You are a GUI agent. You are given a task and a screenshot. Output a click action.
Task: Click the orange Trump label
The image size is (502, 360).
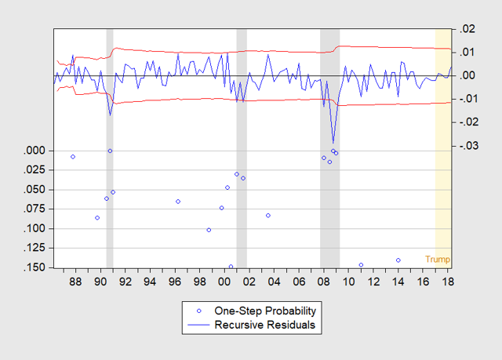pyautogui.click(x=438, y=259)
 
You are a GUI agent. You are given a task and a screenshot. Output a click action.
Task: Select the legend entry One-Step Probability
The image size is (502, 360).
pyautogui.click(x=265, y=311)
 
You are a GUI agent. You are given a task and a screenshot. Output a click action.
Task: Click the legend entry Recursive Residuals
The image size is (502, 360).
pyautogui.click(x=265, y=325)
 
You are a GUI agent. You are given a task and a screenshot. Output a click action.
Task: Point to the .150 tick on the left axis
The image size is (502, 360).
pyautogui.click(x=35, y=267)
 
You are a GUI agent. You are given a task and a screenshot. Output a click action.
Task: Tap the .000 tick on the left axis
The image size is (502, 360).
pyautogui.click(x=35, y=151)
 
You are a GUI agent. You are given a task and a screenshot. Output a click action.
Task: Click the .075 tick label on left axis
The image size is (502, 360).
pyautogui.click(x=35, y=209)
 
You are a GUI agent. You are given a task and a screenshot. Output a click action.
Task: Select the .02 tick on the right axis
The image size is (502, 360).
pyautogui.click(x=467, y=29)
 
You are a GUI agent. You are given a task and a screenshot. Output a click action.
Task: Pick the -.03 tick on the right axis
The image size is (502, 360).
pyautogui.click(x=469, y=146)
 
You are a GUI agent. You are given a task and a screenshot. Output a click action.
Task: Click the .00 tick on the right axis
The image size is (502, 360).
pyautogui.click(x=467, y=75)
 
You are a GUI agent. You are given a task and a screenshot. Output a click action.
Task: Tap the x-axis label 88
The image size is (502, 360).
pyautogui.click(x=75, y=282)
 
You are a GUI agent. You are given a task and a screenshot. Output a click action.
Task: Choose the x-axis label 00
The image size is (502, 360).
pyautogui.click(x=224, y=282)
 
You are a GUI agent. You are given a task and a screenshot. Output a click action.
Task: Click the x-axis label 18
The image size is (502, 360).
pyautogui.click(x=448, y=282)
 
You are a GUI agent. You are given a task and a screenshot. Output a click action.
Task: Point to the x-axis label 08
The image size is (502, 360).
pyautogui.click(x=324, y=282)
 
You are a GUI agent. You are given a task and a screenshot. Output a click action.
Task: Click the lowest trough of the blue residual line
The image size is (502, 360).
pyautogui.click(x=333, y=143)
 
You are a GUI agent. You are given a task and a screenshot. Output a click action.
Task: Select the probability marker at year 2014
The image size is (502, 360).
pyautogui.click(x=398, y=260)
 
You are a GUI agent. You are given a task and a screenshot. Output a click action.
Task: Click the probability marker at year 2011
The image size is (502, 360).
pyautogui.click(x=361, y=265)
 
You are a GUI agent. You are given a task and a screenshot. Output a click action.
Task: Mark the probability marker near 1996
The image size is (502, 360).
pyautogui.click(x=178, y=202)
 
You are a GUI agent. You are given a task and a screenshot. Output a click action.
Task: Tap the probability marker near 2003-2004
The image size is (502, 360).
pyautogui.click(x=268, y=216)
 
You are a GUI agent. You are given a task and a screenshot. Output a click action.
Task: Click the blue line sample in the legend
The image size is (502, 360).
pyautogui.click(x=198, y=325)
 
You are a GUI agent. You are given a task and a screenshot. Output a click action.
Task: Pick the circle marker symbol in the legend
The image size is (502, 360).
pyautogui.click(x=198, y=311)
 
